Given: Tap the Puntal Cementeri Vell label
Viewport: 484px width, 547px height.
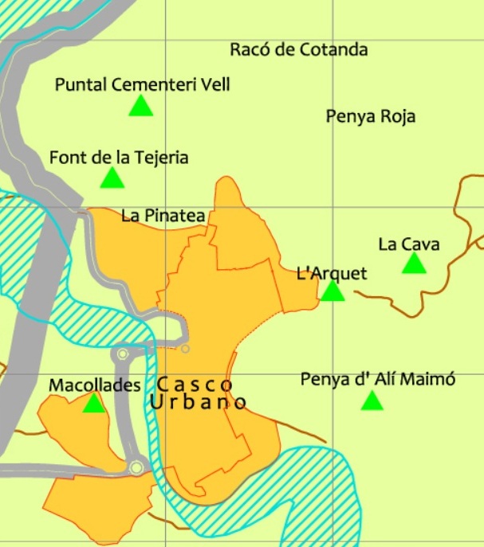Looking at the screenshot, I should pos(142,84).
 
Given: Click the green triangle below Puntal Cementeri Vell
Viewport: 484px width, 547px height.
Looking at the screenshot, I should pos(140,107).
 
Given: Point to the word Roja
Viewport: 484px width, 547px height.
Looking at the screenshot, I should pos(398,116).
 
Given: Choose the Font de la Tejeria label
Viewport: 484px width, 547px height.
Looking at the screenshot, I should pos(119,158).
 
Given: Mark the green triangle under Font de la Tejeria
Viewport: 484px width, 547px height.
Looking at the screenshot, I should pos(112,178).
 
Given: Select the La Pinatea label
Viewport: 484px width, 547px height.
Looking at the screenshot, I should pos(163,215).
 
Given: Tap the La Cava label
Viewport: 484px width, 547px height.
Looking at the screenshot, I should pos(409,244).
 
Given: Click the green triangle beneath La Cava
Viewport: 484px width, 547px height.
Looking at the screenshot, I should pos(414,264).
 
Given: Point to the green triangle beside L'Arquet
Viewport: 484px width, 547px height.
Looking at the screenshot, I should pos(333,291).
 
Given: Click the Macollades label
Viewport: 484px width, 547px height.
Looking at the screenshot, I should pos(95,385).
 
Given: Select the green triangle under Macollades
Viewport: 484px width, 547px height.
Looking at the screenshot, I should pos(94,404).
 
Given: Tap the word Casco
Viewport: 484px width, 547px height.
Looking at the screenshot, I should pos(195,385).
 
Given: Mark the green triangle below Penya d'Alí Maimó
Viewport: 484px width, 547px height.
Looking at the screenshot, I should pos(372,401).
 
